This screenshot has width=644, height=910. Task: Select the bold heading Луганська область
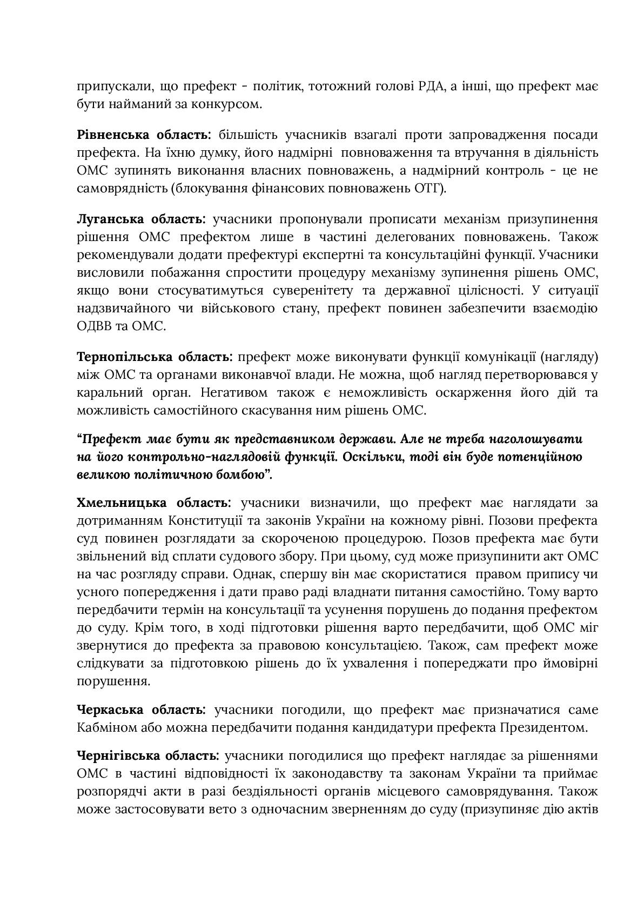pyautogui.click(x=141, y=219)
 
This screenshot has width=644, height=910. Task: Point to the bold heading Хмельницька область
pyautogui.click(x=154, y=503)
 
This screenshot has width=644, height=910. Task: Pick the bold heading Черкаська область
pyautogui.click(x=141, y=710)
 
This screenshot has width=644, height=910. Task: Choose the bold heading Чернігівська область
pyautogui.click(x=148, y=755)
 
